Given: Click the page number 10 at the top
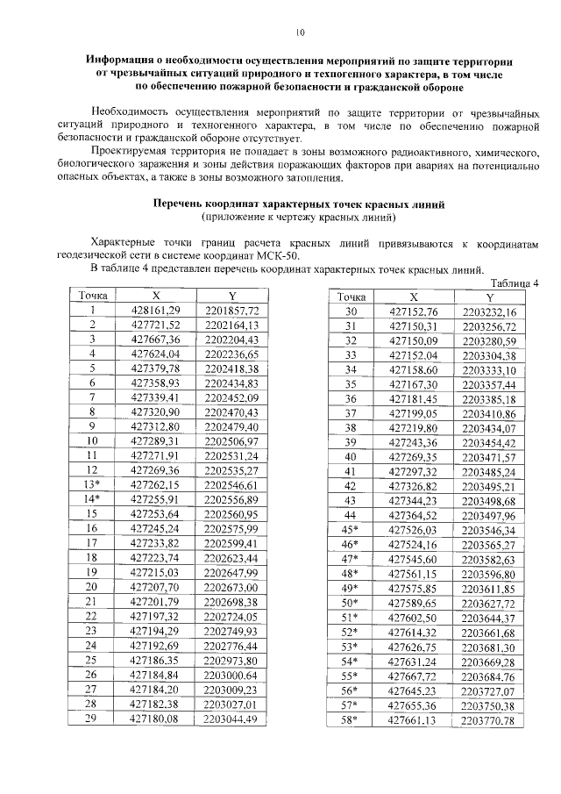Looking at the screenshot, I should point(300,33).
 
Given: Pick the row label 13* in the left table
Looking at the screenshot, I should point(91,484).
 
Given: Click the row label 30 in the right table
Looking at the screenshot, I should point(351,311).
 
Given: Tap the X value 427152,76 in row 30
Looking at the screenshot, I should point(414,311).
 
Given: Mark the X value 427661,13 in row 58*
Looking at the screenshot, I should point(414,720).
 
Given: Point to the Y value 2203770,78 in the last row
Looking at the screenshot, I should point(490,720).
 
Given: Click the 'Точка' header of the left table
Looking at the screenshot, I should point(92,296).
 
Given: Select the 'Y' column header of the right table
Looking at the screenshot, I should point(490,297).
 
